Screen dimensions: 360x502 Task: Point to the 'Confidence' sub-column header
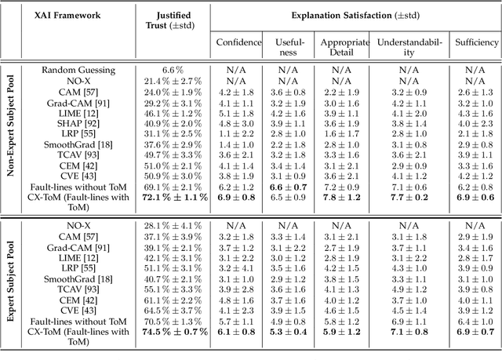point(238,42)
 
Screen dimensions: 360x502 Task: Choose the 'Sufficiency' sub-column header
point(476,42)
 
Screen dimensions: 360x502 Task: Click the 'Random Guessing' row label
point(78,69)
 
